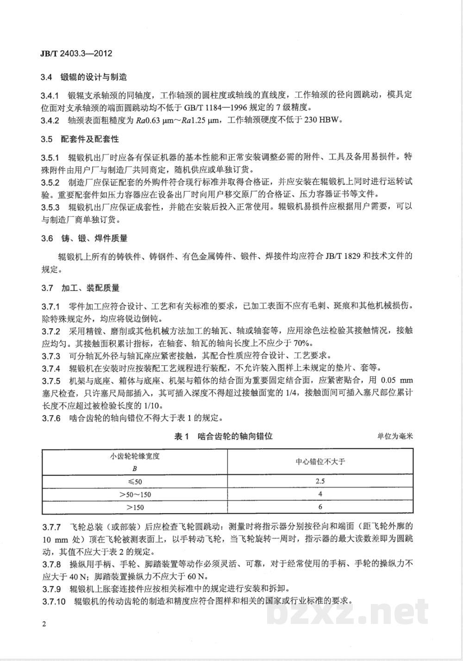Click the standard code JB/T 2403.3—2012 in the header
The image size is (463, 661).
[x=74, y=53]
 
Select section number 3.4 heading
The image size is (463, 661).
[x=47, y=77]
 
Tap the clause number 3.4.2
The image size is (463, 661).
[x=50, y=121]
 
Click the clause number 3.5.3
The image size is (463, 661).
[x=50, y=207]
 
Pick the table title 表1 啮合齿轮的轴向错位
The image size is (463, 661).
[x=223, y=436]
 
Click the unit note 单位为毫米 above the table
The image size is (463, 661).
[x=394, y=436]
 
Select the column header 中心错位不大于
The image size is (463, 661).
[x=320, y=462]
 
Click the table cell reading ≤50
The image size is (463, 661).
[x=134, y=481]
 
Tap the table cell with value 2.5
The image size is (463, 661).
[x=320, y=481]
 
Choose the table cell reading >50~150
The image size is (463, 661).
[x=135, y=494]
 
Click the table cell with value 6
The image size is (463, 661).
[x=320, y=507]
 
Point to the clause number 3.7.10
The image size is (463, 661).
[x=53, y=601]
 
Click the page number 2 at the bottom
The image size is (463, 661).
[x=44, y=624]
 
